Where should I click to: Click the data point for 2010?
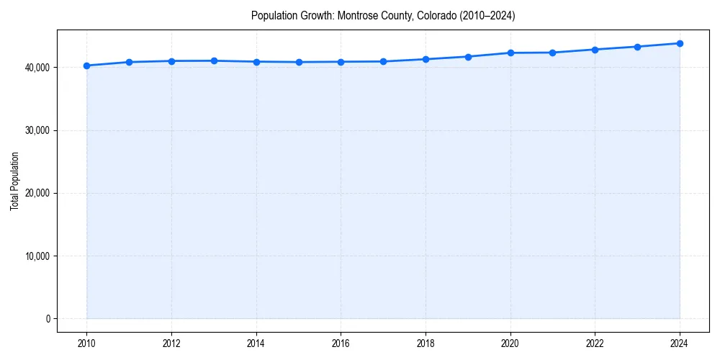click(86, 66)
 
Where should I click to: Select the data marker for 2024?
click(680, 43)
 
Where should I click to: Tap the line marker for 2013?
click(214, 60)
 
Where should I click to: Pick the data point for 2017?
click(383, 61)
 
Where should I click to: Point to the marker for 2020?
click(510, 53)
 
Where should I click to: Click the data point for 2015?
click(299, 62)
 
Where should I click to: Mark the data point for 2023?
click(637, 47)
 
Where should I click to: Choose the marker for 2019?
click(468, 56)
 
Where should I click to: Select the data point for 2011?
click(129, 62)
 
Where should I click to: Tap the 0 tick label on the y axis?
click(47, 319)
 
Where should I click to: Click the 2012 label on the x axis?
click(171, 343)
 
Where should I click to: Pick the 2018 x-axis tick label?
click(426, 343)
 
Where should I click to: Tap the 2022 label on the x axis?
click(595, 343)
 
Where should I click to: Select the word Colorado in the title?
click(437, 15)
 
